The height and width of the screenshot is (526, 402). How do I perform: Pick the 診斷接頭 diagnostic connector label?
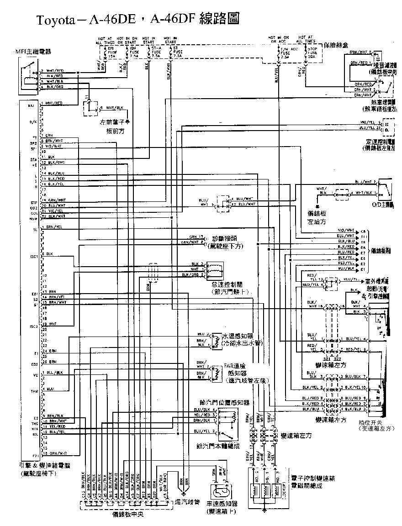[227, 239]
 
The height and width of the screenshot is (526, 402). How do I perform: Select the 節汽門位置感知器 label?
[224, 403]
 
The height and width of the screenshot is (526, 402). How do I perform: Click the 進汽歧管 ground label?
[188, 502]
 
